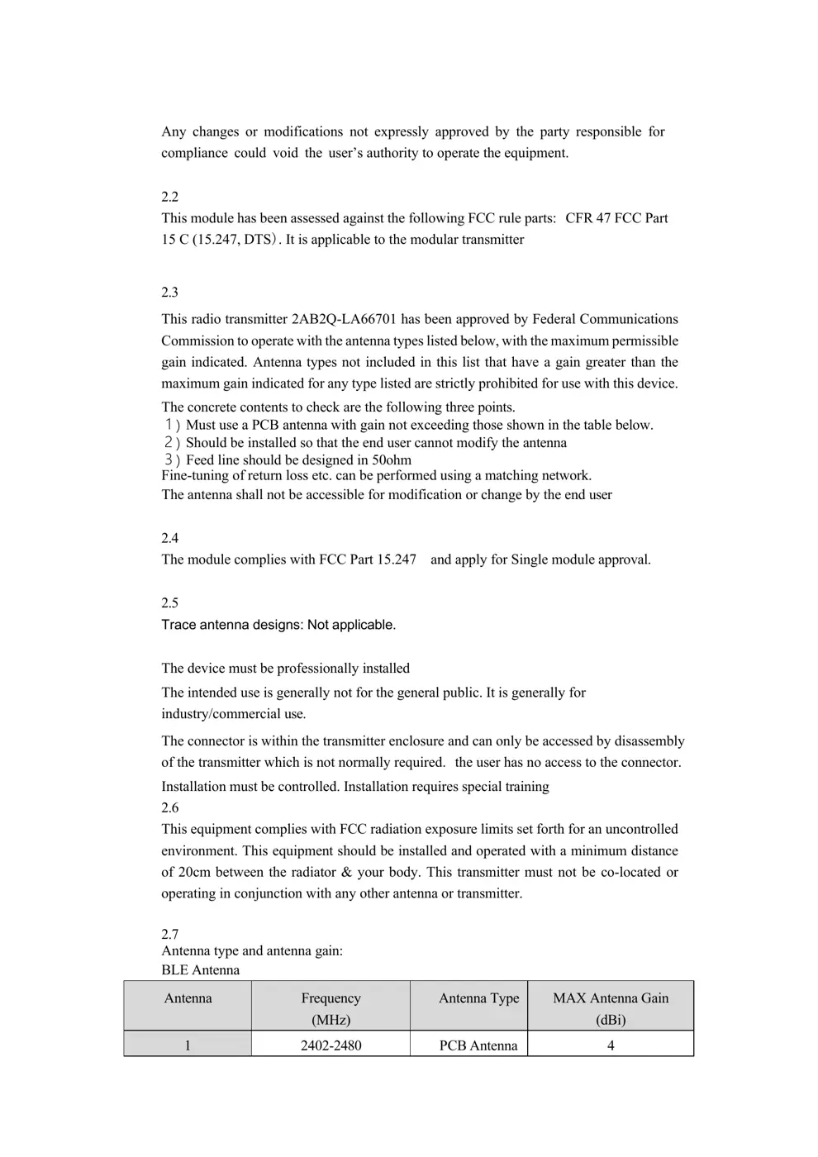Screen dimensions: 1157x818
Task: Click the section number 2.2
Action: point(169,197)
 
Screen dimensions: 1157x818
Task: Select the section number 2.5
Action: point(169,602)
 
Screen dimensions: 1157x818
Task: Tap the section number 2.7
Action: point(169,934)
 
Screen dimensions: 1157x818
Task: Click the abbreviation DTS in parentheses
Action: point(259,240)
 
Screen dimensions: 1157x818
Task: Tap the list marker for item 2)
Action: point(171,443)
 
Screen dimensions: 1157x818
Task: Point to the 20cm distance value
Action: point(193,872)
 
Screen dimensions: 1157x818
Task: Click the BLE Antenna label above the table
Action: point(200,970)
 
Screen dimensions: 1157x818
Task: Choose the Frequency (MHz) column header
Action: point(331,1008)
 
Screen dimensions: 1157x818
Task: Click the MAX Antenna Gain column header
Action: point(611,1008)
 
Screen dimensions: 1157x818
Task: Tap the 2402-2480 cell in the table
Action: point(331,1045)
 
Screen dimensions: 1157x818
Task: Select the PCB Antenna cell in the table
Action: point(478,1045)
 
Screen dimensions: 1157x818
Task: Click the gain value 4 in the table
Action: point(611,1045)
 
